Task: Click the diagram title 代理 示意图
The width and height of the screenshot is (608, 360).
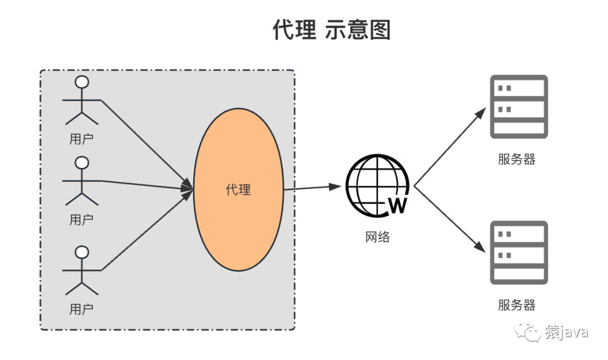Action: [x=331, y=30]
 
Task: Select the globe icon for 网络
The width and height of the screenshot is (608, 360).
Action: [x=376, y=185]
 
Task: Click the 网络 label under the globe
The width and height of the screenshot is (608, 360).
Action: [x=377, y=237]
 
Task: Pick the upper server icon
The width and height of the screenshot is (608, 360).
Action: [x=518, y=106]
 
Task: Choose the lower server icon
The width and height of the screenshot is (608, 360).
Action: [x=518, y=252]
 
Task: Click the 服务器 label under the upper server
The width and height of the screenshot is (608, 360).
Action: [x=516, y=159]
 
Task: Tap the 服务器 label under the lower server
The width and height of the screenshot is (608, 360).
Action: [x=516, y=305]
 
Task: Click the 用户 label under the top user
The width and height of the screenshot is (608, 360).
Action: [x=81, y=139]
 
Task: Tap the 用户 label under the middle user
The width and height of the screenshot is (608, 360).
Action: [x=81, y=220]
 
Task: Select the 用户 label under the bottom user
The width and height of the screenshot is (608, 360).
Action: [x=81, y=309]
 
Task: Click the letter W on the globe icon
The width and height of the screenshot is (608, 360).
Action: [x=397, y=206]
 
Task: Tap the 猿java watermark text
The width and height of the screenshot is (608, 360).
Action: [x=566, y=332]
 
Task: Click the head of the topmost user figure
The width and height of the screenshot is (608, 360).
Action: [x=82, y=82]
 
